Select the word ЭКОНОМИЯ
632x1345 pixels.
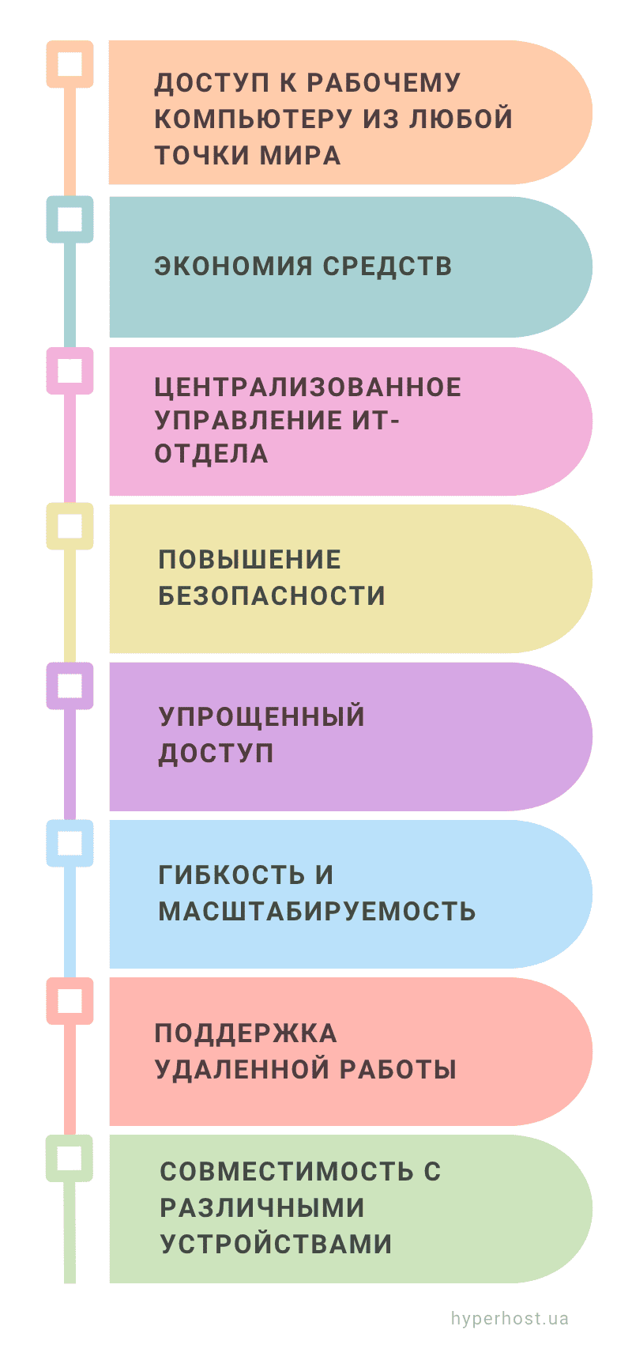(234, 266)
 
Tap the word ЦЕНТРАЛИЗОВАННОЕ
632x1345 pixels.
(308, 387)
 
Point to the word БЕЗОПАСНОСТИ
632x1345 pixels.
(271, 595)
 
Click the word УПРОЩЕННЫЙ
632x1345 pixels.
(261, 716)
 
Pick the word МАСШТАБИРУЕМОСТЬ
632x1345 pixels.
(317, 912)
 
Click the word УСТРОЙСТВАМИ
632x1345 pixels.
(276, 1244)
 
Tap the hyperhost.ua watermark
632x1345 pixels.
(510, 1319)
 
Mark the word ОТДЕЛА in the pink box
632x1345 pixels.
(211, 454)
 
